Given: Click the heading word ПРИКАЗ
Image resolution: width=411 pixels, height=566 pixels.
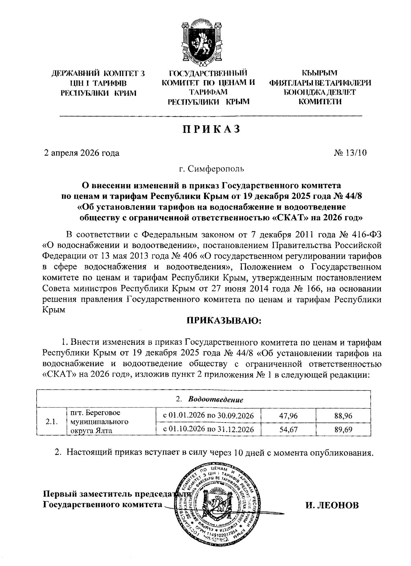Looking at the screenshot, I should (210, 129).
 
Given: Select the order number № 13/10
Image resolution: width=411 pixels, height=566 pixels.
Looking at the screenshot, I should (350, 153).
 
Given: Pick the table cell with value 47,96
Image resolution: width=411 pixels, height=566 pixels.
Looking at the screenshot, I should (288, 416).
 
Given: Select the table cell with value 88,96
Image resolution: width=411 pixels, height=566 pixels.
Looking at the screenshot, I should (344, 416).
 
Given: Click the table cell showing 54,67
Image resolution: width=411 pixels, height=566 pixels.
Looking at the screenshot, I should (288, 429).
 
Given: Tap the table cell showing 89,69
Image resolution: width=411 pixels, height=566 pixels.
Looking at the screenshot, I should (344, 429).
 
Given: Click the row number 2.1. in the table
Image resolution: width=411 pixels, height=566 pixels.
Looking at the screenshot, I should (52, 422).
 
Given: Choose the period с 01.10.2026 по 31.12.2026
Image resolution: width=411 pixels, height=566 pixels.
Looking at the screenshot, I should (208, 429).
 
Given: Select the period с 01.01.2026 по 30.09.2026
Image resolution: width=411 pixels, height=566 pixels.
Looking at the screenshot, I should (208, 416).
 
